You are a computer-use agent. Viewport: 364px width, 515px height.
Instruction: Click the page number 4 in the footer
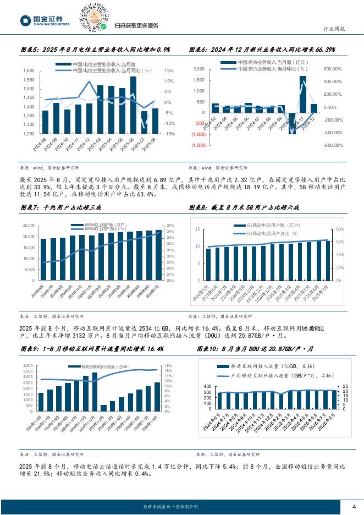coord(354,507)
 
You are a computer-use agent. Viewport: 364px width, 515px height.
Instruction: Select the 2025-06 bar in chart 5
coord(133,105)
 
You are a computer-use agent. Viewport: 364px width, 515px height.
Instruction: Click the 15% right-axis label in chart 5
coord(169,70)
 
